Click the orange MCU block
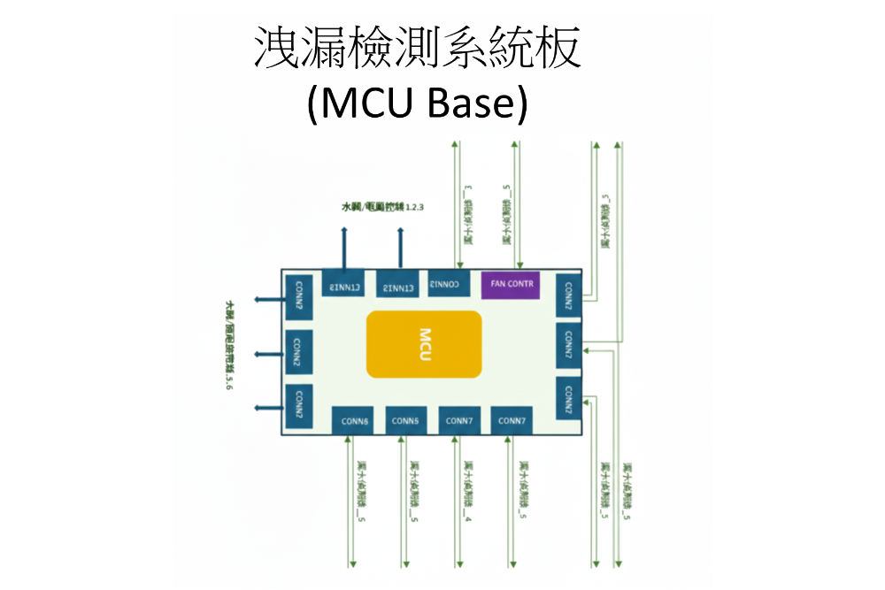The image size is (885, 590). point(424,344)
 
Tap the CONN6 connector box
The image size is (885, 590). point(355,420)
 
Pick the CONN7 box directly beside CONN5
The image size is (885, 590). point(458,420)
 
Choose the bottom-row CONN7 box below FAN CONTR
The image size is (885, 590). point(512,420)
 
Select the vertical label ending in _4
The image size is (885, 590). point(466,490)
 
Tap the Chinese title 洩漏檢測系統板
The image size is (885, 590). point(418,49)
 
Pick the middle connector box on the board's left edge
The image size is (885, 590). point(298,352)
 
